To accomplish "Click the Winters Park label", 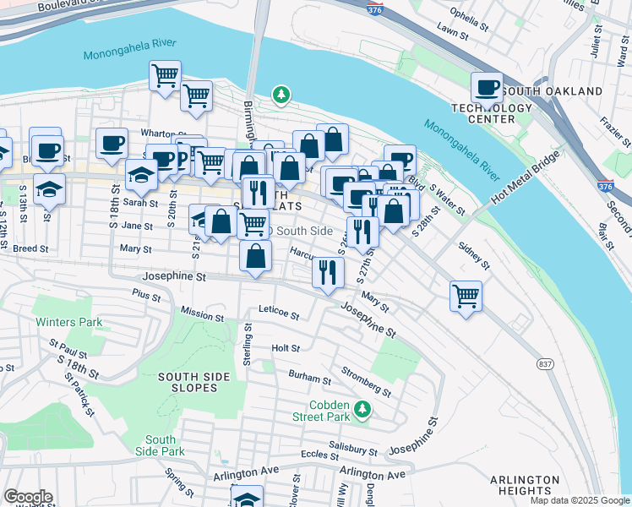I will [x=68, y=322].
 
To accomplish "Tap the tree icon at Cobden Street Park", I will [x=362, y=410].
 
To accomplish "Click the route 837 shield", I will [x=545, y=363].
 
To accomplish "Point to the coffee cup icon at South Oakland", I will [x=488, y=87].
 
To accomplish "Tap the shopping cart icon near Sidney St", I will [x=466, y=296].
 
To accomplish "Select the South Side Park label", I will [x=160, y=445].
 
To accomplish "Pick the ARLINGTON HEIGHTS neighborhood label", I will [x=524, y=485].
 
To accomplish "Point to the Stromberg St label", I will [x=366, y=381].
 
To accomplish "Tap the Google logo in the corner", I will [x=28, y=497].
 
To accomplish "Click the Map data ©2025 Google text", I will [x=579, y=500].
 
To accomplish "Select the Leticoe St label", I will [x=279, y=314].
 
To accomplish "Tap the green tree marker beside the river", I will [x=281, y=95].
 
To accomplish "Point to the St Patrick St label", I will [x=82, y=397].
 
